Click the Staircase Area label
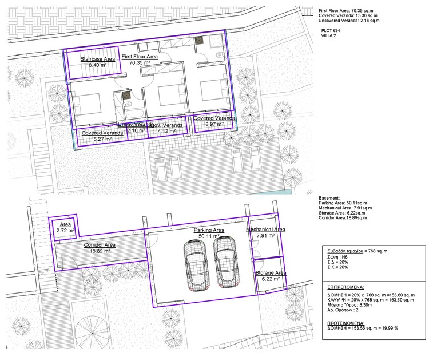(x=98, y=59)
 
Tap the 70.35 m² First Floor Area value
(x=140, y=64)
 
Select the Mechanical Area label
(x=266, y=229)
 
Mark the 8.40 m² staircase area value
(x=98, y=65)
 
